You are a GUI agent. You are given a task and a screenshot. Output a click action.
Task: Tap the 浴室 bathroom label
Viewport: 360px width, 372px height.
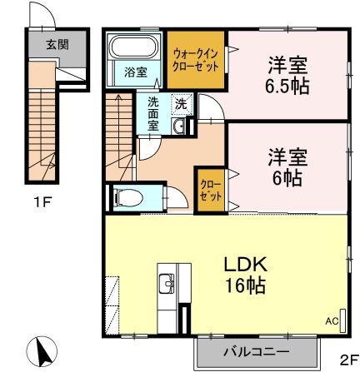135,72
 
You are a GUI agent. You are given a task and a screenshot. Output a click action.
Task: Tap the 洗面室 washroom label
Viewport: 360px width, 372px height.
153,114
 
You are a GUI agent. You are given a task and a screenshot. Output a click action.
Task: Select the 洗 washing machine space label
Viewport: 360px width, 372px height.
181,105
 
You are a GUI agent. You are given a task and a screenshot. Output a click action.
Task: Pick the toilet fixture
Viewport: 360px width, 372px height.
130,197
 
